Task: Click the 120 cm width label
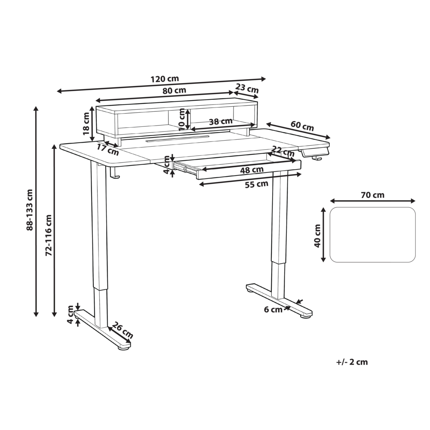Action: (165, 79)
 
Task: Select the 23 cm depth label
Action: (247, 89)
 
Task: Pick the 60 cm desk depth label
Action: (302, 126)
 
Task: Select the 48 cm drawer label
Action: (252, 170)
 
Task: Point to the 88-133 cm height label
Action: (30, 210)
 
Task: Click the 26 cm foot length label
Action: (123, 329)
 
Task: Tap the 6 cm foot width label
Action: (273, 309)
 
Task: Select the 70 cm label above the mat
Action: (372, 195)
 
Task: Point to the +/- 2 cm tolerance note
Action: (352, 362)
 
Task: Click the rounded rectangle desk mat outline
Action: (372, 235)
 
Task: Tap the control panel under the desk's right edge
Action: (315, 151)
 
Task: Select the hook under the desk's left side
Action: (114, 173)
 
